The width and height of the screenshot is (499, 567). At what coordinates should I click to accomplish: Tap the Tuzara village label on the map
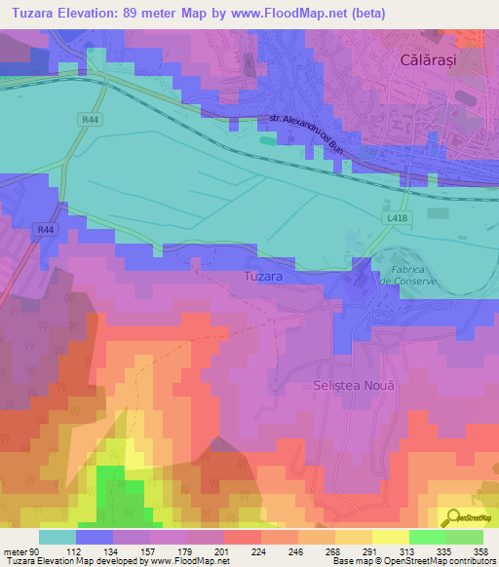click(262, 278)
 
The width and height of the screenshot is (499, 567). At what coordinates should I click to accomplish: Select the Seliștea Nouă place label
click(356, 386)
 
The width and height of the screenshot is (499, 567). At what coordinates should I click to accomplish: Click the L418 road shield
click(395, 219)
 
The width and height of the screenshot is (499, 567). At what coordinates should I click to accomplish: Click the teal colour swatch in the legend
click(58, 537)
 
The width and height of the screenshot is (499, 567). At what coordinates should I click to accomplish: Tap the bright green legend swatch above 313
click(428, 537)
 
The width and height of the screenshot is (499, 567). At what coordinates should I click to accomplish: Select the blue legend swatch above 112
click(95, 537)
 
